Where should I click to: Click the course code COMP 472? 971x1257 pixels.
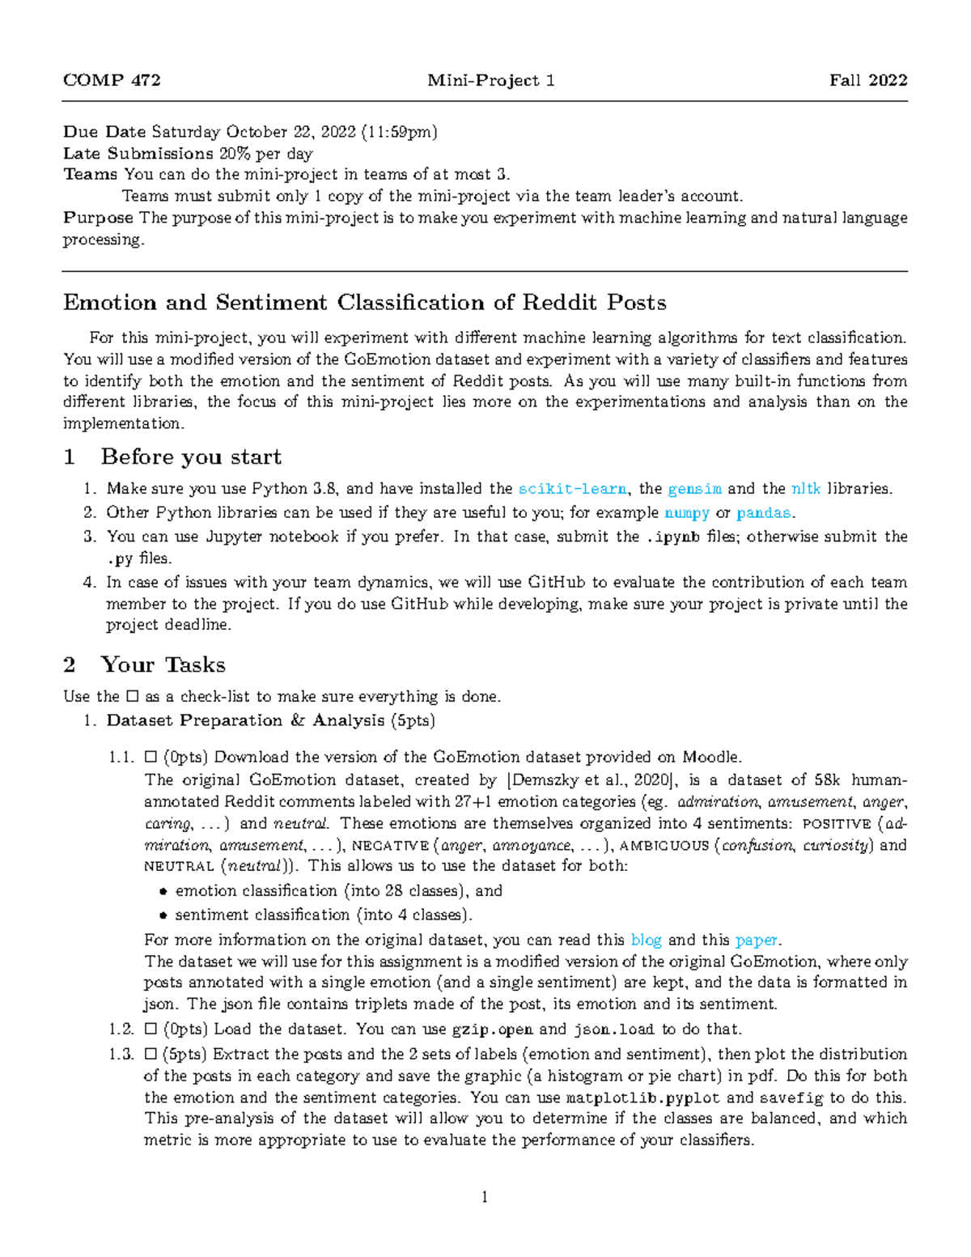[112, 80]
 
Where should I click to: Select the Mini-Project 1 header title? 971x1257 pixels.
[490, 80]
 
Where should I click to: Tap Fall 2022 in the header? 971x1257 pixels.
[868, 80]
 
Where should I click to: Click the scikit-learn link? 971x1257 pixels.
[572, 489]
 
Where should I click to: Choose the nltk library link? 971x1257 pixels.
[805, 489]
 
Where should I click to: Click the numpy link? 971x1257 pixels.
[686, 513]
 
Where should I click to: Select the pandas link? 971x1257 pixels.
[763, 513]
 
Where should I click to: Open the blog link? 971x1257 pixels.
[646, 940]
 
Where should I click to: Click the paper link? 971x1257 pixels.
[756, 940]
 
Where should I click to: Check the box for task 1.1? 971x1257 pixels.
[150, 758]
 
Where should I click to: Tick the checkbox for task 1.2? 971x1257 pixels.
[150, 1030]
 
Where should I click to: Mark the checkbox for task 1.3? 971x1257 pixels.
[150, 1055]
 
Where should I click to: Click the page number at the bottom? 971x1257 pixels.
[485, 1197]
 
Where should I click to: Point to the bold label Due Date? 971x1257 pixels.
[104, 132]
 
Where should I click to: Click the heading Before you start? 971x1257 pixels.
[191, 457]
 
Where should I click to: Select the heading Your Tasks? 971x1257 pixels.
[163, 665]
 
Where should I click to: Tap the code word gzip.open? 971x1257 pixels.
[492, 1030]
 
